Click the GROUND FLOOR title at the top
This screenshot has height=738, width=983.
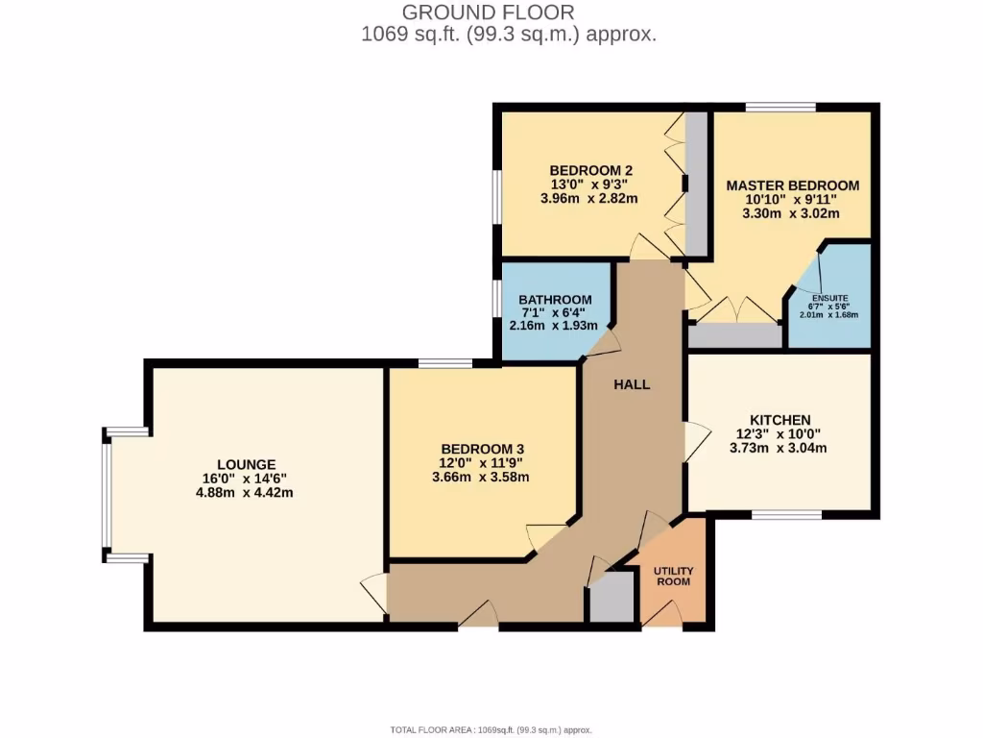(488, 12)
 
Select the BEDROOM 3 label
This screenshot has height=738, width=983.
(482, 449)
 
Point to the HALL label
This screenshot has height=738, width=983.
(632, 384)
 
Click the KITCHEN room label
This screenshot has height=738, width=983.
(779, 420)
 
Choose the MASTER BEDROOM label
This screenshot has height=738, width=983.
(792, 185)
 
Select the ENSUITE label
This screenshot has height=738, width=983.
(829, 299)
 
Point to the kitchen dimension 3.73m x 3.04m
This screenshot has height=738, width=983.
(779, 447)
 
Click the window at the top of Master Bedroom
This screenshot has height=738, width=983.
(780, 107)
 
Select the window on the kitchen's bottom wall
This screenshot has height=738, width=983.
(786, 515)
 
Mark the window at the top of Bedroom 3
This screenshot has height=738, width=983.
(445, 363)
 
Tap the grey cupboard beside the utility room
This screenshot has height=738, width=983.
(611, 598)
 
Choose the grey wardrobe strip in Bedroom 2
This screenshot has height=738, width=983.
(696, 183)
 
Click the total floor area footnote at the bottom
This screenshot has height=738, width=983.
(491, 730)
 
